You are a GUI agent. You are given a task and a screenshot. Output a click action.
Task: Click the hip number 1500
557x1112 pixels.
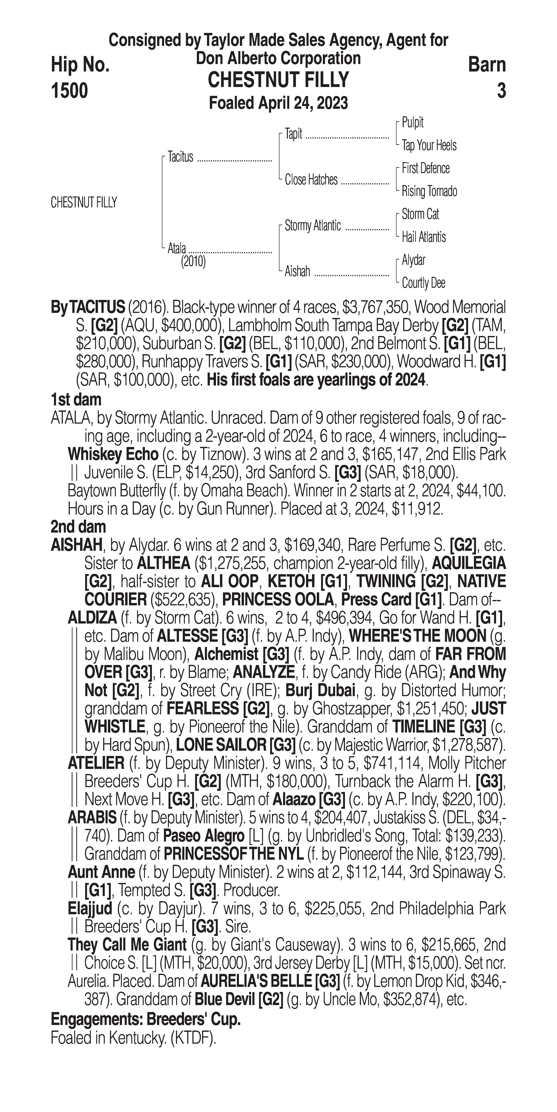pyautogui.click(x=69, y=91)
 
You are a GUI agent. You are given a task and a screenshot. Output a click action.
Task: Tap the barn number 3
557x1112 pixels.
pyautogui.click(x=501, y=91)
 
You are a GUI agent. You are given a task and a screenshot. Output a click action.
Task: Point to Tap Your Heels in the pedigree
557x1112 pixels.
pyautogui.click(x=429, y=146)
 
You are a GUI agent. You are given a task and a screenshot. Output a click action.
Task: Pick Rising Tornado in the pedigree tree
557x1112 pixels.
pyautogui.click(x=429, y=191)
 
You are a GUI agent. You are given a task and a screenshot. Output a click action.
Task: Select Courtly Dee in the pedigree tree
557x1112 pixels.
pyautogui.click(x=423, y=283)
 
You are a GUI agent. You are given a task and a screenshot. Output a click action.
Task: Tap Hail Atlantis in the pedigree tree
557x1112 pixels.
pyautogui.click(x=424, y=237)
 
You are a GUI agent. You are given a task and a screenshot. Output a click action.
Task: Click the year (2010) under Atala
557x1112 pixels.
pyautogui.click(x=193, y=262)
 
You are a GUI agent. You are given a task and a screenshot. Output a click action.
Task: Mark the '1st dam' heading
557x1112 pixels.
pyautogui.click(x=76, y=400)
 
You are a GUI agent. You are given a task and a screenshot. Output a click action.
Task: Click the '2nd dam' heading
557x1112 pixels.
pyautogui.click(x=78, y=527)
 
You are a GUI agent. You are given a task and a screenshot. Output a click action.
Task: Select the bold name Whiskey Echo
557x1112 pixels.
pyautogui.click(x=113, y=455)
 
